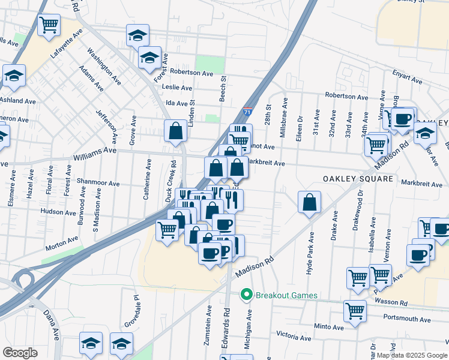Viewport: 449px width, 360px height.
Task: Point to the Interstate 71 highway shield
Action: [248, 112]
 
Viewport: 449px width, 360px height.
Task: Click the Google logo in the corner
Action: [20, 352]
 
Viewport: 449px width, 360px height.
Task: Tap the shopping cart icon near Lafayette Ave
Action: [49, 25]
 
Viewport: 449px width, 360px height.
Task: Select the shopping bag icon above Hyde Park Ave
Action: [309, 202]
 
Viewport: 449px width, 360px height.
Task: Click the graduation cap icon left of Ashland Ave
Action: [13, 76]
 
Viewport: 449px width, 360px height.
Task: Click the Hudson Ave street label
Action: [58, 211]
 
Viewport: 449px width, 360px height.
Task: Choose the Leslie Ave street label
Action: [177, 87]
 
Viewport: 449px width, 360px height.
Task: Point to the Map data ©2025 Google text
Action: [411, 355]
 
